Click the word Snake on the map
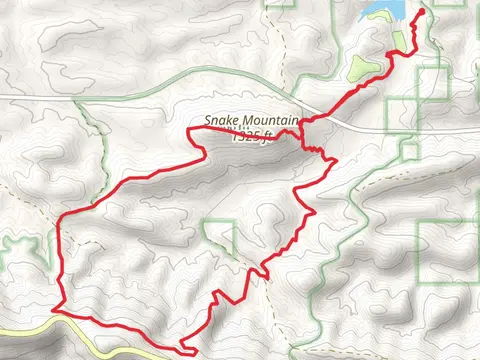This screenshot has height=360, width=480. tap(222, 121)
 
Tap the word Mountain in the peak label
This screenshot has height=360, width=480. tap(269, 121)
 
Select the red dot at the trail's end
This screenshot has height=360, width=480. tap(419, 12)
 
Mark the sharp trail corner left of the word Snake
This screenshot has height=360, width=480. tap(192, 130)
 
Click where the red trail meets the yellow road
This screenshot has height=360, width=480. tap(60, 313)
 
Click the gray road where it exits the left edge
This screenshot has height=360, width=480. tap(3, 95)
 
